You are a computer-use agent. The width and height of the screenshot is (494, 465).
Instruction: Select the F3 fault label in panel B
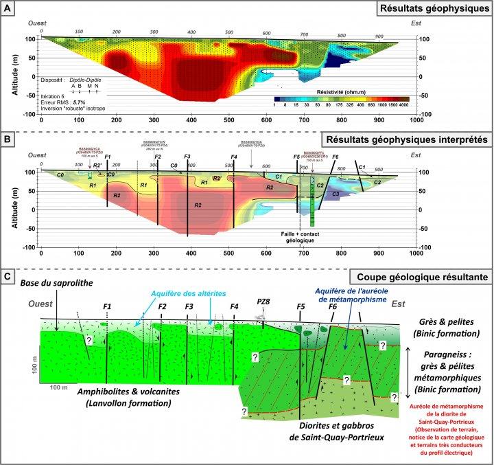tap(187, 157)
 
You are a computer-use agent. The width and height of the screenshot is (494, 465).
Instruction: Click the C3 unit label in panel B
tap(336, 194)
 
